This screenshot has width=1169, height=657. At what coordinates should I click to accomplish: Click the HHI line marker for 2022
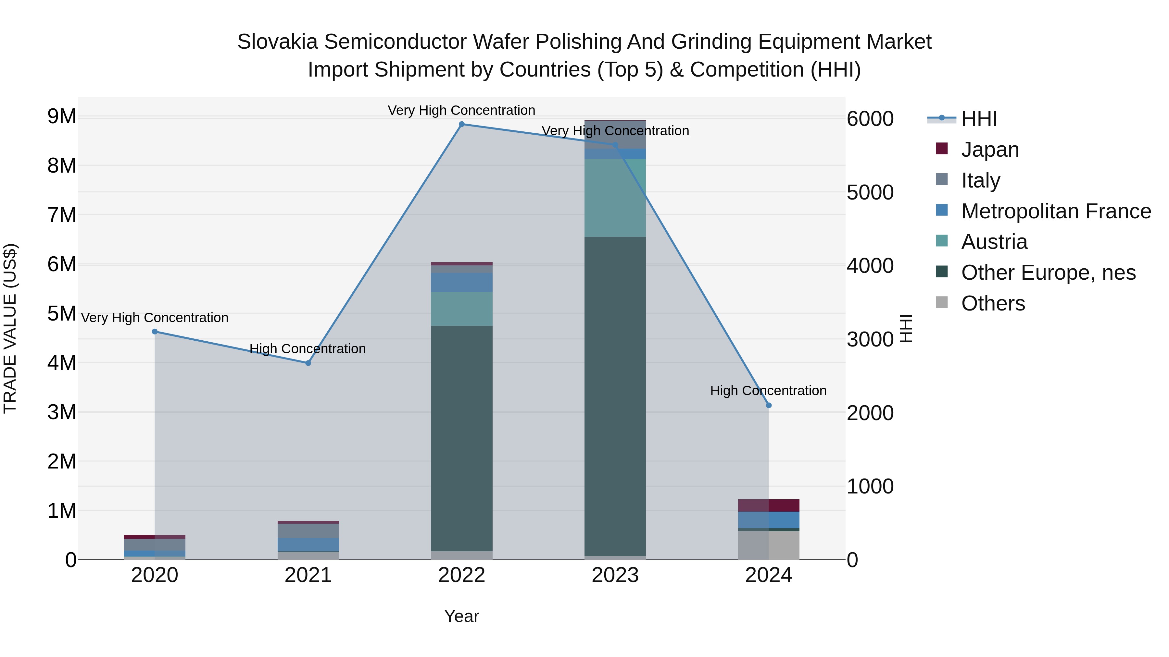[x=461, y=124]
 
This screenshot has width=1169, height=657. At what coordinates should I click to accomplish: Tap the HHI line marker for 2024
[x=768, y=405]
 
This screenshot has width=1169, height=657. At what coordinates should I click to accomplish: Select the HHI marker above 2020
[x=155, y=332]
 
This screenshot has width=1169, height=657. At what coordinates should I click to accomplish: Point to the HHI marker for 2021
[x=308, y=363]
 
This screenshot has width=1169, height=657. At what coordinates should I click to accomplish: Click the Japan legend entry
[x=990, y=150]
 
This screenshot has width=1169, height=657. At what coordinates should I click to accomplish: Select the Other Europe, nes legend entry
[x=1048, y=273]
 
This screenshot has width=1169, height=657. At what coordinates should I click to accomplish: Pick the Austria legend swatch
[x=942, y=241]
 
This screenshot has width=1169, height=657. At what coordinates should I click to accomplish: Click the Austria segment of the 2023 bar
[x=615, y=198]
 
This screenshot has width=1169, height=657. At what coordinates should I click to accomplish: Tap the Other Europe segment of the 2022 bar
[x=461, y=438]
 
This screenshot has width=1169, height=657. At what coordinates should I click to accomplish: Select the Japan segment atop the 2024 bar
[x=768, y=505]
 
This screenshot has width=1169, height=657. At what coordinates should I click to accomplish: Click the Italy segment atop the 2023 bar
[x=615, y=135]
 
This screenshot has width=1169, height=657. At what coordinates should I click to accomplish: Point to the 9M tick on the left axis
[x=62, y=116]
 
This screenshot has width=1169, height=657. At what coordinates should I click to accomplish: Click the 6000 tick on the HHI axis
[x=870, y=119]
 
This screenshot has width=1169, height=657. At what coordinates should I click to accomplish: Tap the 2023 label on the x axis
[x=615, y=575]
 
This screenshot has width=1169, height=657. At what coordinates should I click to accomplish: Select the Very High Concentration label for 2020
[x=155, y=318]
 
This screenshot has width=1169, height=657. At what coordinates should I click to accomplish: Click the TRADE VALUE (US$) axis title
[x=10, y=328]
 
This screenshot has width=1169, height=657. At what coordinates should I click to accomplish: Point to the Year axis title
[x=461, y=616]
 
